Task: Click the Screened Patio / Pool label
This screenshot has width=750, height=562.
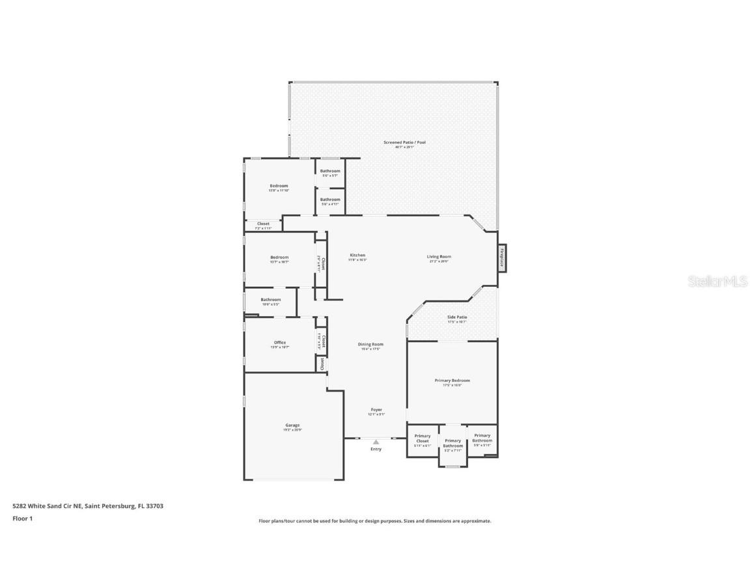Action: [404, 142]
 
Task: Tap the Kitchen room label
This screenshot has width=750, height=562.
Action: [357, 256]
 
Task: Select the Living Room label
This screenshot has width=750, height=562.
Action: [439, 257]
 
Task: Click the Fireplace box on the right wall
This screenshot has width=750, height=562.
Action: [502, 257]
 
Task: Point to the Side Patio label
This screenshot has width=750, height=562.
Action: [456, 317]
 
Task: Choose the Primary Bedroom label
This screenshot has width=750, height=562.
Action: [452, 381]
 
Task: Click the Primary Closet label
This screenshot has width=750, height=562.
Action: [423, 438]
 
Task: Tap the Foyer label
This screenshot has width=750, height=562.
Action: [376, 410]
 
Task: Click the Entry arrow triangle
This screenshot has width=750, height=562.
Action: [376, 442]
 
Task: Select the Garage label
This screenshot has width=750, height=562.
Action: [292, 425]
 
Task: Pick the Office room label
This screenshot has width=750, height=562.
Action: [280, 343]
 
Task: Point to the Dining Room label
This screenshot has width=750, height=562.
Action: [370, 344]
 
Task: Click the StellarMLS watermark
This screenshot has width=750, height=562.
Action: [717, 282]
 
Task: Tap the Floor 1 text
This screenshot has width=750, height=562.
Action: [22, 518]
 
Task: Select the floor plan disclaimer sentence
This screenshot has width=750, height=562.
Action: [374, 521]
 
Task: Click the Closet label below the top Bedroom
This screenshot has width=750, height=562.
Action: [263, 224]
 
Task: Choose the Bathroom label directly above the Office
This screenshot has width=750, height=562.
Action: [271, 300]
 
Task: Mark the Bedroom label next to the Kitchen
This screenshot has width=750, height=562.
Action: [279, 258]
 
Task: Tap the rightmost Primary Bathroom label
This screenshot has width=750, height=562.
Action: [482, 438]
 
